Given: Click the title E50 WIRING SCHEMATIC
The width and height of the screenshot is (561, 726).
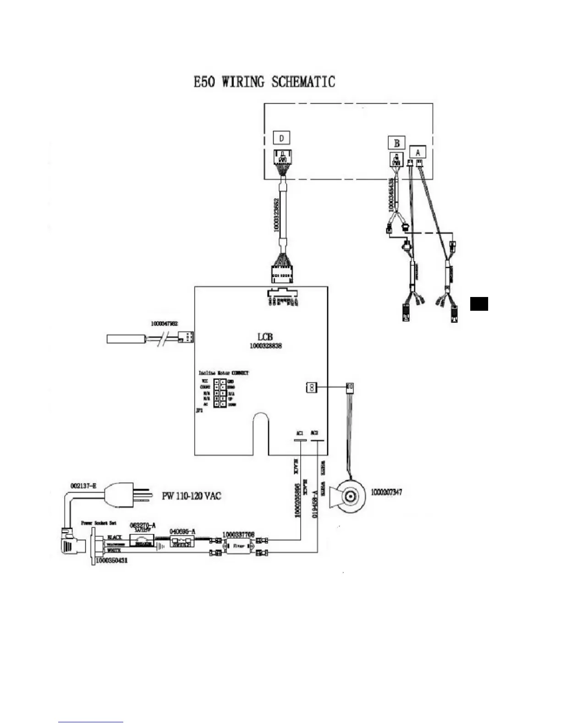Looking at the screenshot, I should [x=264, y=82].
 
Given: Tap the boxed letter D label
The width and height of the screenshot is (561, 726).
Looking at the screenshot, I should [x=281, y=137].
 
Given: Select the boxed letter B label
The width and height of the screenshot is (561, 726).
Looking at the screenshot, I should [x=396, y=143].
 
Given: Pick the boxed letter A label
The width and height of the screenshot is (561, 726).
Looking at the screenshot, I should [x=418, y=152].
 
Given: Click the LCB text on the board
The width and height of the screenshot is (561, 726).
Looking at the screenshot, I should [x=265, y=337].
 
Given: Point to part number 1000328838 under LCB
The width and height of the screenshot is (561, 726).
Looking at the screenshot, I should [x=265, y=346].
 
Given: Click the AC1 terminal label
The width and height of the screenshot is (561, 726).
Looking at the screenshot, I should [x=299, y=433].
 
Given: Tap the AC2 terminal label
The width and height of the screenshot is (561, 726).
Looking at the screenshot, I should [x=314, y=433].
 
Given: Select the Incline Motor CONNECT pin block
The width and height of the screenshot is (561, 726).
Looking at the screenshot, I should [x=220, y=393].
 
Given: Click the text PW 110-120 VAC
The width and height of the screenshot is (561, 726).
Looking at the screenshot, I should [x=192, y=496].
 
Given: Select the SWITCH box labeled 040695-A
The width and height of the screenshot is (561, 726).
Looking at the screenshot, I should [x=183, y=542].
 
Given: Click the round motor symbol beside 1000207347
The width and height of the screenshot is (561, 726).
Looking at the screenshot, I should [x=351, y=496].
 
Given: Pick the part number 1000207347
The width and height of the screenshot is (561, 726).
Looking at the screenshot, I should [x=386, y=492].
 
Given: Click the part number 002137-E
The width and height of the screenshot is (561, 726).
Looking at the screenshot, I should [x=83, y=486].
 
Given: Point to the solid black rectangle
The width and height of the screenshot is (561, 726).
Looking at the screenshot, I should [x=479, y=304].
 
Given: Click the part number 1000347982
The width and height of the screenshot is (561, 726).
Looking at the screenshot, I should [x=165, y=324].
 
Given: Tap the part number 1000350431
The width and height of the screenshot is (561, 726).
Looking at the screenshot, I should [x=111, y=561].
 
